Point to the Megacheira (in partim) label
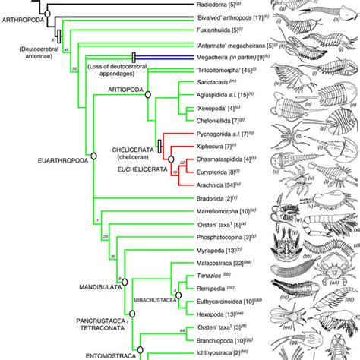(211, 55)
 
